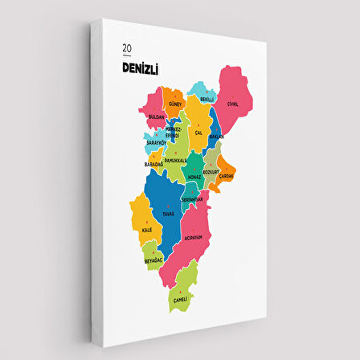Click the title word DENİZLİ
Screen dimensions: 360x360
[x=141, y=71]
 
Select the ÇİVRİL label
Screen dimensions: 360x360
[x=232, y=104]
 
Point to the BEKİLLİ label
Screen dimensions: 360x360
[x=207, y=99]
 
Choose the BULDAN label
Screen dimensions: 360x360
[x=157, y=117]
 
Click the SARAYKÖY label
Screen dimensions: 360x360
[x=155, y=144]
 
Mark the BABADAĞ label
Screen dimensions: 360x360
[x=153, y=164]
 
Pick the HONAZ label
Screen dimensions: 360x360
[x=194, y=177]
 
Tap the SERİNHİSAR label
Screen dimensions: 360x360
[x=192, y=198]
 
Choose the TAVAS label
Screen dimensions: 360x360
[x=168, y=214]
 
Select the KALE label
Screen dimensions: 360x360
[x=146, y=231]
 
